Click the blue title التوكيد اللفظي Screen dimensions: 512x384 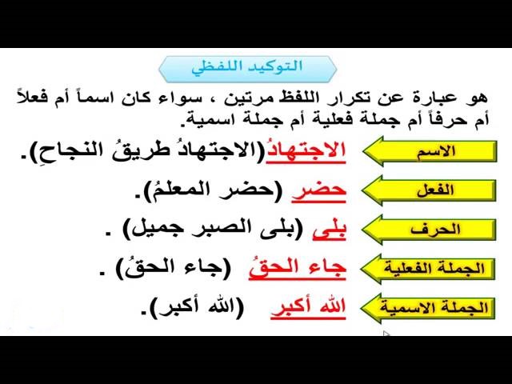(247, 67)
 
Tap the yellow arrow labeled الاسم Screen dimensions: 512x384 (430, 151)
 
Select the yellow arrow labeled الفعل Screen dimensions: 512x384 (430, 190)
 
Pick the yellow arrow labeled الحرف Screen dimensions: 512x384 (430, 230)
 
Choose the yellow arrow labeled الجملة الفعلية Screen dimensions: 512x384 (428, 269)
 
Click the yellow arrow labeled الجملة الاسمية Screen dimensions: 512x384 (428, 307)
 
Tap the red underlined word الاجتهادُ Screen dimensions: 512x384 (306, 151)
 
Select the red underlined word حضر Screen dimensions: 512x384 (318, 191)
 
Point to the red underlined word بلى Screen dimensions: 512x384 (329, 230)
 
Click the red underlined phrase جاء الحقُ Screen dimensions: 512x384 (298, 269)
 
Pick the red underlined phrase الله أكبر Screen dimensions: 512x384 (308, 307)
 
